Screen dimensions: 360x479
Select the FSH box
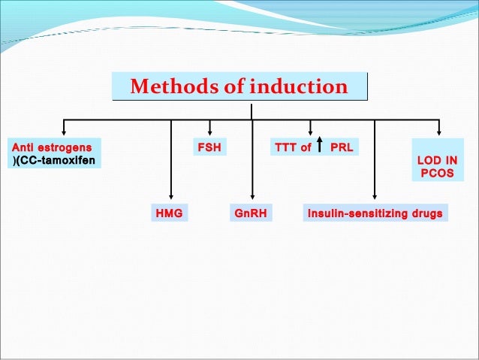pyautogui.click(x=209, y=147)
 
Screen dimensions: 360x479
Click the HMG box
pyautogui.click(x=169, y=213)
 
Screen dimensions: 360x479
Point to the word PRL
pyautogui.click(x=342, y=147)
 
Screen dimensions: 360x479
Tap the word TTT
pyautogui.click(x=285, y=147)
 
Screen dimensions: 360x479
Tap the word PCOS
pyautogui.click(x=436, y=174)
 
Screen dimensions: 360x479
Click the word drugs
pyautogui.click(x=426, y=213)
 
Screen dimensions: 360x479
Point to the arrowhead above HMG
pyautogui.click(x=172, y=198)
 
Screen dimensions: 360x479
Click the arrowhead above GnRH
pyautogui.click(x=252, y=198)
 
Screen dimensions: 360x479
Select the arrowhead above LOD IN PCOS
pyautogui.click(x=439, y=133)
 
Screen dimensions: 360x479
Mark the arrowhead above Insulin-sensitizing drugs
pyautogui.click(x=374, y=198)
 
